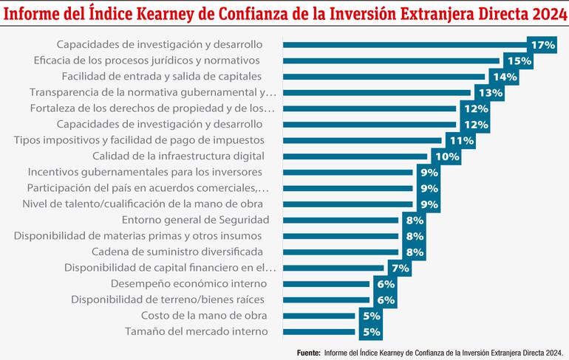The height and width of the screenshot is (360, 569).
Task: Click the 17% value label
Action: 543,46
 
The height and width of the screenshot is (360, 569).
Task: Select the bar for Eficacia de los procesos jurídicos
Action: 392,61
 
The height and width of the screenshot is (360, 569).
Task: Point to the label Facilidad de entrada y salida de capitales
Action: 162,77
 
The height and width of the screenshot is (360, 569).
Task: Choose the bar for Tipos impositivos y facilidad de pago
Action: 362,140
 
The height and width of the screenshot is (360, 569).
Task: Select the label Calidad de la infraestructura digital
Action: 178,156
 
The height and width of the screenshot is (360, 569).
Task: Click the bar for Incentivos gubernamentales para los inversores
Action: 347,172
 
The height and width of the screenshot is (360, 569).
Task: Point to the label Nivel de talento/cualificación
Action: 143,204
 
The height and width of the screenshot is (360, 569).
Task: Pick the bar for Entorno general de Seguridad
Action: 340,220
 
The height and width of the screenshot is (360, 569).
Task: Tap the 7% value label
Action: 400,268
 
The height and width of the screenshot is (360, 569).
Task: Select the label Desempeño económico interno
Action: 189,283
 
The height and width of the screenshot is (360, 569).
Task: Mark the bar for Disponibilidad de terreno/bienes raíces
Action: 326,300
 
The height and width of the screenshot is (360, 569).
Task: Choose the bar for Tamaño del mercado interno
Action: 318,331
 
